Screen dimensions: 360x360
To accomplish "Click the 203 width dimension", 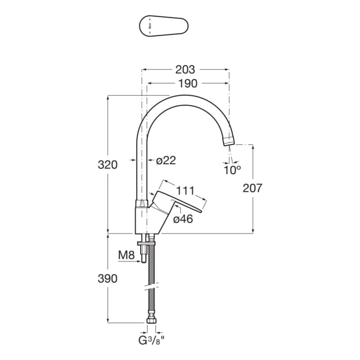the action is coord(185,70).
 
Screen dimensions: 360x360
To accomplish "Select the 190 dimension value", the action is coord(188,84).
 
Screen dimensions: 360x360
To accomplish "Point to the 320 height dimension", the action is coord(108,165).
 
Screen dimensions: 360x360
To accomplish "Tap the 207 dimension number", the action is coord(252,188).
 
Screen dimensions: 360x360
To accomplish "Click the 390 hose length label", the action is coord(108,279).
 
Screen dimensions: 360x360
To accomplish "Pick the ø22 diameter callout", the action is coord(166,160).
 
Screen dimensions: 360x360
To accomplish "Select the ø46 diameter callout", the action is coord(183,219).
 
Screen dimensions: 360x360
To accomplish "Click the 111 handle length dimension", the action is coord(185,190).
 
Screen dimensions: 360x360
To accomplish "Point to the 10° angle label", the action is coord(232,170).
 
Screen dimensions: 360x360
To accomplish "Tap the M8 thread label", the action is coord(126,255).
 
